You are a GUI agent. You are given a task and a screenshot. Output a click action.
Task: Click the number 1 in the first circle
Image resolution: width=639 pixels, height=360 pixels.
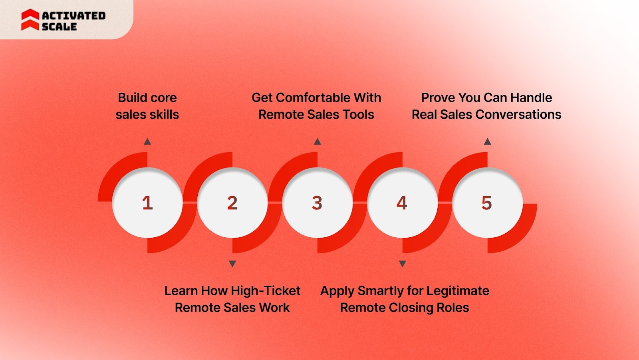147,203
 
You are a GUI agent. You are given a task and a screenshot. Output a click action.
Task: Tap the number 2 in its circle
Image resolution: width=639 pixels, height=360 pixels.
232,203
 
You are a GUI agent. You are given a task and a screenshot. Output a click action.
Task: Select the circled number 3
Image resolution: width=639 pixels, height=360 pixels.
317,203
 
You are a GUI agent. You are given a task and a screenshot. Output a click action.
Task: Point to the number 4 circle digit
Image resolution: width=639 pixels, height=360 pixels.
402,203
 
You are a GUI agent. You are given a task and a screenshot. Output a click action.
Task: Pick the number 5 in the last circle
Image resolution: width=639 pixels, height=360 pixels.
486,203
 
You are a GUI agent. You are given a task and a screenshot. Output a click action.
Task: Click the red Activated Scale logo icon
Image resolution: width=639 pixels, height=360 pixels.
30,20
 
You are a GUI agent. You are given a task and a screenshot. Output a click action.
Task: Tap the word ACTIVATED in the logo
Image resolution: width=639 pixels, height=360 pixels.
74,16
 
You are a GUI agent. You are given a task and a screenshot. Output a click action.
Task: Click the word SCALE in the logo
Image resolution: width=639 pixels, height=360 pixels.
59,27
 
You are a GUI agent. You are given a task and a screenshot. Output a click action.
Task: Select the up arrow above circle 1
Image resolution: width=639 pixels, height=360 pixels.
147,141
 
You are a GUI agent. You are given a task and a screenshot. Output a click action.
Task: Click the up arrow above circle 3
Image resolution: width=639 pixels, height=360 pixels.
318,141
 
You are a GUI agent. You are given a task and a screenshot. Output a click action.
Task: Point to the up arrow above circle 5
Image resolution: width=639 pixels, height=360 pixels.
487,141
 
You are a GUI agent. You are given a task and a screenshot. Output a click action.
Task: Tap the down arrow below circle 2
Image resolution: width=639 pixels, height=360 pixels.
232,264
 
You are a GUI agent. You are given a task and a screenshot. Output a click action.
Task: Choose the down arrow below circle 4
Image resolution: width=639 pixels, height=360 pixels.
403,264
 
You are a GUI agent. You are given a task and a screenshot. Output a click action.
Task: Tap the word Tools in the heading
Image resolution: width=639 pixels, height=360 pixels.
359,115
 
